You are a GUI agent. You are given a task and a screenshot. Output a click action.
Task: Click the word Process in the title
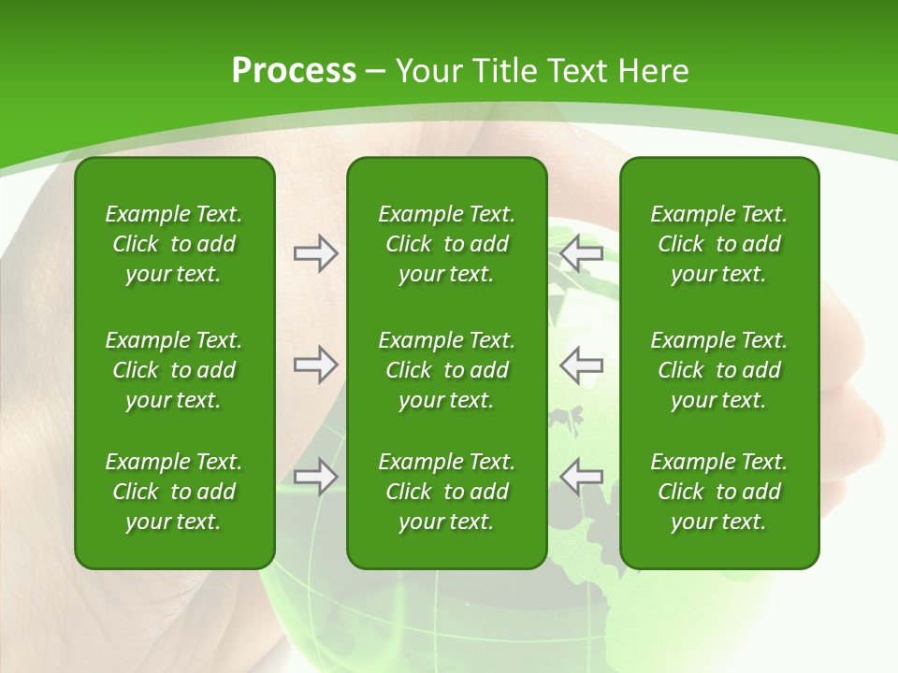click(x=294, y=71)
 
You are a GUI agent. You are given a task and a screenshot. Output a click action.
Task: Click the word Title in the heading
click(x=504, y=71)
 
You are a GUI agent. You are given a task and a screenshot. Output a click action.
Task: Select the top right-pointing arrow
click(x=315, y=253)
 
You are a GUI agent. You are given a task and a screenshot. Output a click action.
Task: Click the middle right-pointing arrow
click(x=315, y=365)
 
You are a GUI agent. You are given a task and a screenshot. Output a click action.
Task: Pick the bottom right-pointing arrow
click(x=315, y=477)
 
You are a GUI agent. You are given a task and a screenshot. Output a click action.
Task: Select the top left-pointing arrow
click(x=581, y=253)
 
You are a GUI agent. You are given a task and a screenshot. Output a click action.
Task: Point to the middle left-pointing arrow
click(x=581, y=365)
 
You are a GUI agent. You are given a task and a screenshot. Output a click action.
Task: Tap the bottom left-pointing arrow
click(x=581, y=477)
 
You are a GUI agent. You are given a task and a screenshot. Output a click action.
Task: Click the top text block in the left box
click(x=174, y=244)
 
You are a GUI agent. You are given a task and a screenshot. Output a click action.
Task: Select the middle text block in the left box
click(x=174, y=370)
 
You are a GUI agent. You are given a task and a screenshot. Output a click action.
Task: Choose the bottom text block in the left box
click(x=174, y=492)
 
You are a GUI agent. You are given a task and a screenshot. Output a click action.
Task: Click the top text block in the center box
click(x=446, y=244)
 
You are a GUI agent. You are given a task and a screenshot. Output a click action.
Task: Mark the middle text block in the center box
click(x=446, y=370)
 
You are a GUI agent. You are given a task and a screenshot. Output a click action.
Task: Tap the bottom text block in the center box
click(x=446, y=492)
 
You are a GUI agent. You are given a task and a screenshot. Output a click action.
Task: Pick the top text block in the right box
click(x=718, y=244)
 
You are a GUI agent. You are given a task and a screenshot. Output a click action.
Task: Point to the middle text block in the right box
click(x=718, y=370)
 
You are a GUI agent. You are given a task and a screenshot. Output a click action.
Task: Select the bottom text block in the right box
click(x=718, y=492)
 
